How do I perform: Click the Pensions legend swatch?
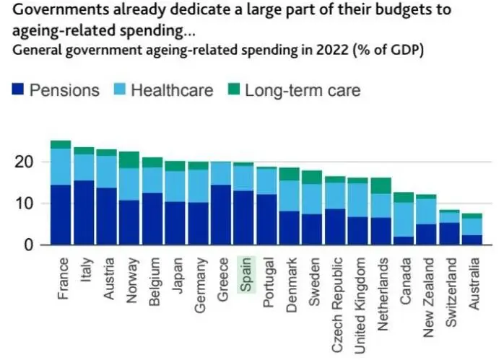click(x=19, y=90)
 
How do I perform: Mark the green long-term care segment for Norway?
click(x=129, y=159)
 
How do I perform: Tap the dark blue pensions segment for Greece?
click(x=221, y=215)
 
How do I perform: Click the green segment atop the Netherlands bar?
click(x=381, y=185)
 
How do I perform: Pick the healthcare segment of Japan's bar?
click(x=175, y=186)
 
